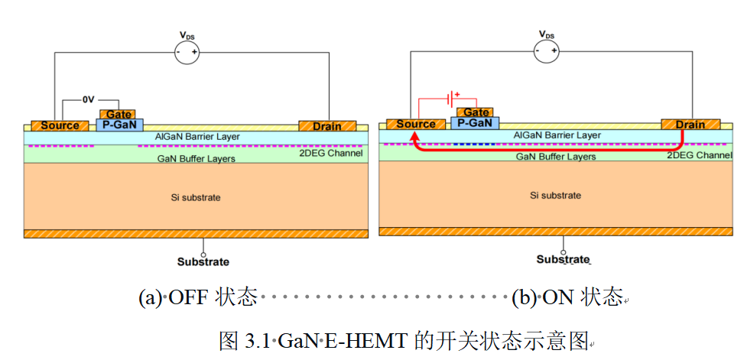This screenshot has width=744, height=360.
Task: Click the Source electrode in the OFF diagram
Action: pyautogui.click(x=60, y=125)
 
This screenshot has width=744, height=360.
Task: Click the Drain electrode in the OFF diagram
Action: pyautogui.click(x=327, y=126)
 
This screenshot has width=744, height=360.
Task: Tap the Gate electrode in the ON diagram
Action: pyautogui.click(x=476, y=112)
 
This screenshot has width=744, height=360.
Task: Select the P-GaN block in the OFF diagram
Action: pyautogui.click(x=119, y=125)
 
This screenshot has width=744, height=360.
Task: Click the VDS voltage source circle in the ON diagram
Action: pyautogui.click(x=546, y=50)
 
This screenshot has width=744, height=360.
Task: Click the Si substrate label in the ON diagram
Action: pyautogui.click(x=556, y=196)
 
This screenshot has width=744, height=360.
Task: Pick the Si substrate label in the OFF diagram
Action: pyautogui.click(x=196, y=197)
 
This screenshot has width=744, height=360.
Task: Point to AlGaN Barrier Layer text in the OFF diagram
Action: pyautogui.click(x=197, y=137)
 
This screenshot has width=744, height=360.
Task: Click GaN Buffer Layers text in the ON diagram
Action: pyautogui.click(x=556, y=156)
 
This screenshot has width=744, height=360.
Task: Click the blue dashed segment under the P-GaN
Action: pyautogui.click(x=475, y=144)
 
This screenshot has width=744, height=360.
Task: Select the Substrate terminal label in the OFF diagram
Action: pyautogui.click(x=203, y=261)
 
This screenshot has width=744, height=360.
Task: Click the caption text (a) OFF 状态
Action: pyautogui.click(x=198, y=298)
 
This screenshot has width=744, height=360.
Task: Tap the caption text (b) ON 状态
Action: pyautogui.click(x=567, y=298)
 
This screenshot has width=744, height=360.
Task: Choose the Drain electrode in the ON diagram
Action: pyautogui.click(x=690, y=125)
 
